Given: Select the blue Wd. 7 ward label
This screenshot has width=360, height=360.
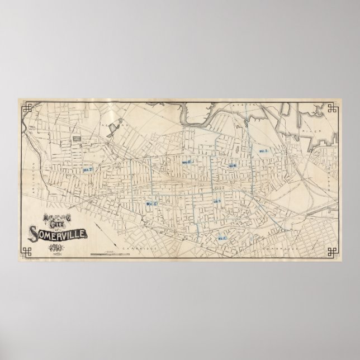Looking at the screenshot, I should pos(88,169).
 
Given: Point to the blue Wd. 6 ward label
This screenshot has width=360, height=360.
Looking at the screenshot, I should pos(187,162).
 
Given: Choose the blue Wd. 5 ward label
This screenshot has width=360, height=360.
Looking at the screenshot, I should pos(150,204).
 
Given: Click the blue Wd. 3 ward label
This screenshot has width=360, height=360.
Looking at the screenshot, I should pos(217,201).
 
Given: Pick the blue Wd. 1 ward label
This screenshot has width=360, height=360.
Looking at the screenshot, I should pos(262,151).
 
